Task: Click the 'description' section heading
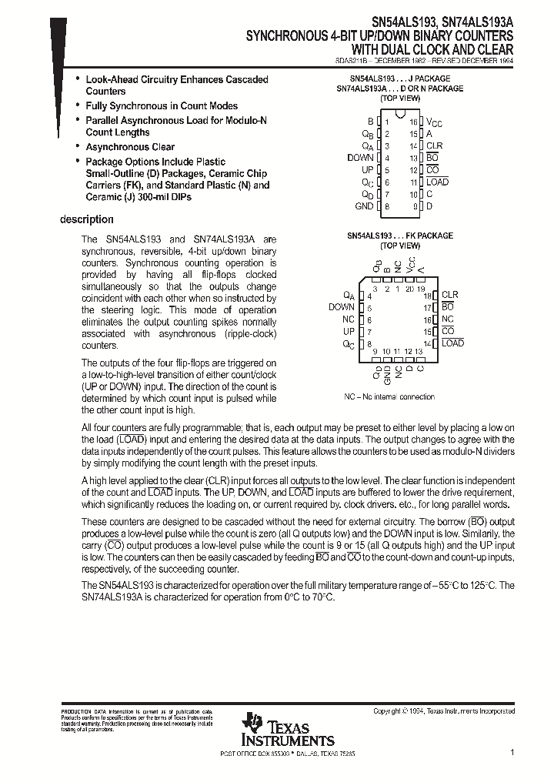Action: click(87, 220)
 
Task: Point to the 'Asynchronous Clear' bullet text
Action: click(130, 147)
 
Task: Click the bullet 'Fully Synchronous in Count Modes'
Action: click(162, 105)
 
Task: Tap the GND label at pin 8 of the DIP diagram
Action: click(364, 206)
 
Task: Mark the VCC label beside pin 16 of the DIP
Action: click(434, 122)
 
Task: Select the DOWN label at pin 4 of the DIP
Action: click(360, 158)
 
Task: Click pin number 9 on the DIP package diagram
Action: click(413, 206)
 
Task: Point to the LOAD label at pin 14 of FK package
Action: click(452, 343)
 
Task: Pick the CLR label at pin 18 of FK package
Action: click(449, 295)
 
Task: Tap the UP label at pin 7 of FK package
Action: click(349, 331)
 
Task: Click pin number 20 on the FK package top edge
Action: click(410, 289)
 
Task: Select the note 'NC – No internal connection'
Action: click(389, 396)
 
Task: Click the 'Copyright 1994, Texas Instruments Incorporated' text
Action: click(443, 711)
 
